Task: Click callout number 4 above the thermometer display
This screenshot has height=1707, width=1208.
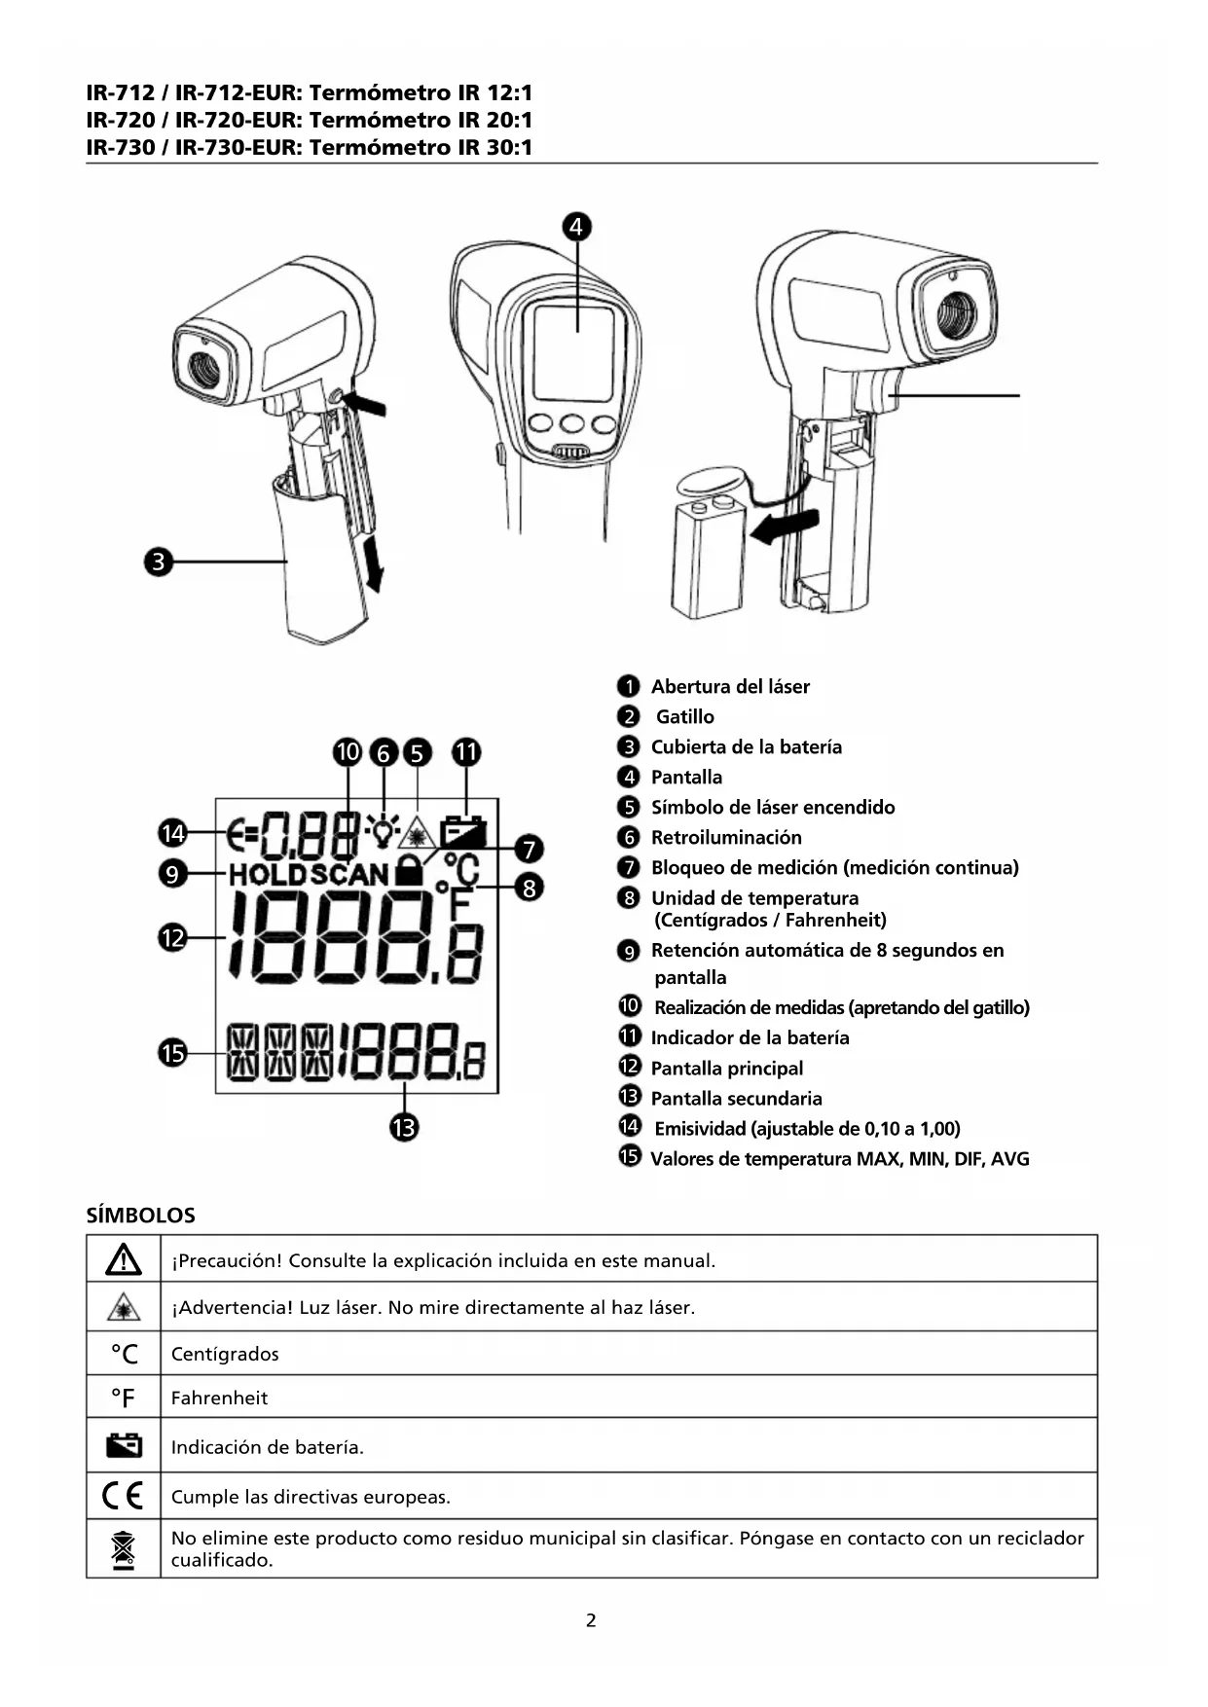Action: point(576,227)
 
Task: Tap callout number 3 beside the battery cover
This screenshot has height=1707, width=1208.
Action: point(159,562)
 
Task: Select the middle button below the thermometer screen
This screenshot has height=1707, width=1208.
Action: point(572,424)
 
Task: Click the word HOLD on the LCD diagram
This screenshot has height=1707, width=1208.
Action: point(268,874)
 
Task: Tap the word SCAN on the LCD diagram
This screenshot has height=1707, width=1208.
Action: point(349,874)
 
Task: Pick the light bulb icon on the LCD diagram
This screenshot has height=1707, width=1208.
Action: point(384,830)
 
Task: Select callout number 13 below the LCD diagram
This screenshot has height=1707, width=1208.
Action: point(404,1128)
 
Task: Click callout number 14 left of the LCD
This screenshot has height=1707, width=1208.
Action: point(172,833)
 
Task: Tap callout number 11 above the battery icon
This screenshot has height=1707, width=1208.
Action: point(466,752)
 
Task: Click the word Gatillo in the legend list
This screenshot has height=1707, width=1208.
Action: point(684,717)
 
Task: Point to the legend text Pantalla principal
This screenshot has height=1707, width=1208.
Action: point(726,1069)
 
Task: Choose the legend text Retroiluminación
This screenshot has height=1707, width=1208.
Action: point(726,838)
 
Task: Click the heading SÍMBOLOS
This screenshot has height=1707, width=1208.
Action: point(140,1216)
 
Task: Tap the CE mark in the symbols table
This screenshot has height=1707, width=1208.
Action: point(123,1495)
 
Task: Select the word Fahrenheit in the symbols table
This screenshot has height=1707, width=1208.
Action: point(219,1398)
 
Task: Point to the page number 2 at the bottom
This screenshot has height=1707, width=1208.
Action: point(591,1620)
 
